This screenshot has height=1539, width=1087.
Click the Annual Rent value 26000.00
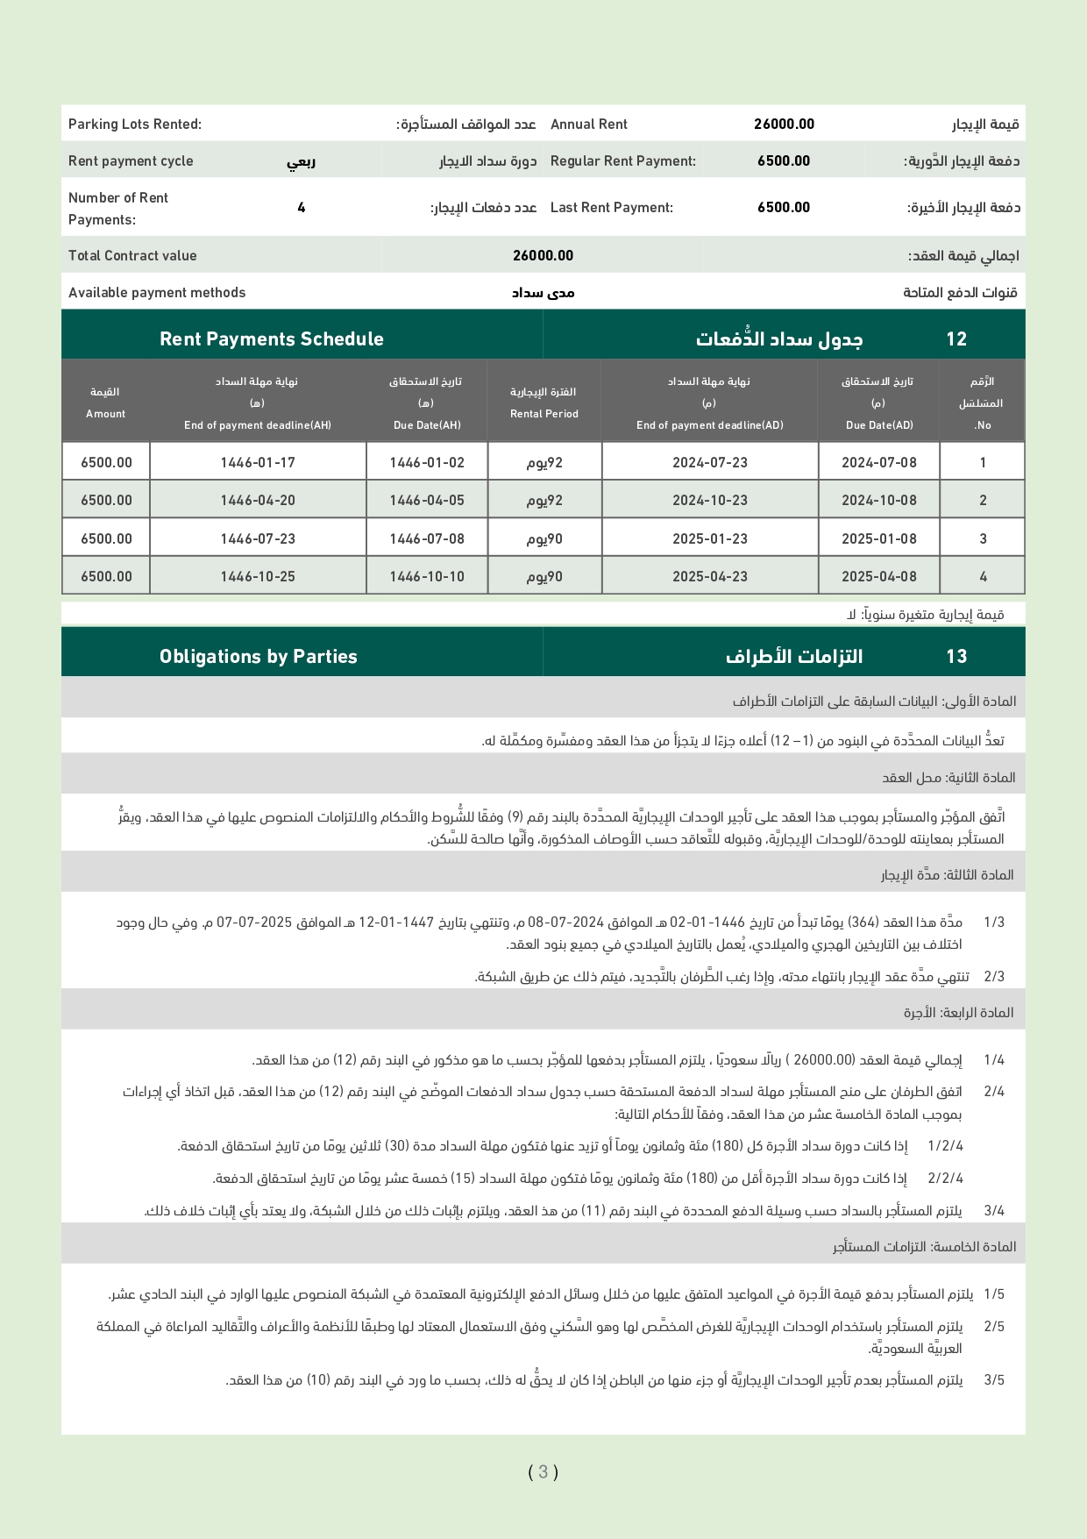coord(784,125)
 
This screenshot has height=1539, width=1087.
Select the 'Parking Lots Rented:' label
coord(135,125)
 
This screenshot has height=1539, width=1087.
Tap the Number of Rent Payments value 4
coord(302,208)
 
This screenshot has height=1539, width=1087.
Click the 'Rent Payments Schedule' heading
coord(272,339)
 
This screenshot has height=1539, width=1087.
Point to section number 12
coord(956,339)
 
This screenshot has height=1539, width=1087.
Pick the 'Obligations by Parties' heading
coord(259,657)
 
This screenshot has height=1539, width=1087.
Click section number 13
coord(956,657)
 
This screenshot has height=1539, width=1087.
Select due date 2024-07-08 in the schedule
coord(878,463)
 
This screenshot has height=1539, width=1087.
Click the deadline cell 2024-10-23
coord(710,501)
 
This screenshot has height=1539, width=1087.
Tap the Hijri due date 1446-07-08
coord(427,539)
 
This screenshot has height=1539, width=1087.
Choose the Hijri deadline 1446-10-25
coord(258,577)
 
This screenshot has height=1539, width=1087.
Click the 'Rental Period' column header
coord(544,414)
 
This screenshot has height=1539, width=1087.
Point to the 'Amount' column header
coord(105,414)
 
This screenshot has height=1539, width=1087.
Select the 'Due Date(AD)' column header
coord(879,425)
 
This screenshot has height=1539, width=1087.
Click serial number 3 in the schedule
coord(983,539)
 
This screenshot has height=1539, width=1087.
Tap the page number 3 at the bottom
coord(543,1471)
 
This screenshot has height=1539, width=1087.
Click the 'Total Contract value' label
coord(132,256)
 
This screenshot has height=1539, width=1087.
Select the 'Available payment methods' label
coord(157,293)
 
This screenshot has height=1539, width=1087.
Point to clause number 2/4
coord(994,1092)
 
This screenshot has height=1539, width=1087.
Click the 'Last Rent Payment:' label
coord(612,208)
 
